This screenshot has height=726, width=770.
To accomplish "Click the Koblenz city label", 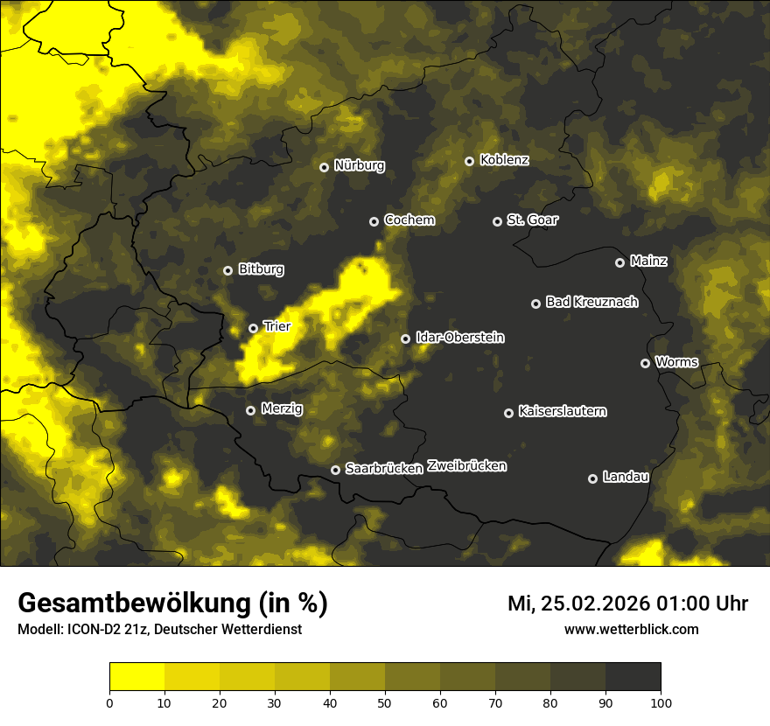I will point(505,160).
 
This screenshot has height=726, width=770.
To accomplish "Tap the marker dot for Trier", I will point(254,328).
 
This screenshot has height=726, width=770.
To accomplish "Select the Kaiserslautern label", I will point(563,411).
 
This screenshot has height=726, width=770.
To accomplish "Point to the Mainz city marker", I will point(620,262).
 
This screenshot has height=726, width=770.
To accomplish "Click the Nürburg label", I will point(359,165).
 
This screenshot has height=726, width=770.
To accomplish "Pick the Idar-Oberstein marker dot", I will point(406,339).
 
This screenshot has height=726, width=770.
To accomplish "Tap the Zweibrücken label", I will point(467,466).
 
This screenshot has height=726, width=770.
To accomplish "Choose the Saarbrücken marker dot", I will point(335,470).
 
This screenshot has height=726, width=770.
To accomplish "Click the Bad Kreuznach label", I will point(591,302).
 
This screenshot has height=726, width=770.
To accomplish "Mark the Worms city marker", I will point(646,363).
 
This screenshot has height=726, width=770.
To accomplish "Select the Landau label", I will point(626,477).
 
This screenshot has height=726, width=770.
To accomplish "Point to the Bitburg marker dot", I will point(228,270).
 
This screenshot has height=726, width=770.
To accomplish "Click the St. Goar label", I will point(532,220).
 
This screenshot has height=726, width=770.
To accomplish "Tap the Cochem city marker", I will point(374,221).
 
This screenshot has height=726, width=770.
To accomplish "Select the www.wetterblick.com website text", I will point(632,629).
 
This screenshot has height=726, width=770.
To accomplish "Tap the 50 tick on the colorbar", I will point(385,702).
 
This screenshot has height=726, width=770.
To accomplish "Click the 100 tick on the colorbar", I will point(661,702).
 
